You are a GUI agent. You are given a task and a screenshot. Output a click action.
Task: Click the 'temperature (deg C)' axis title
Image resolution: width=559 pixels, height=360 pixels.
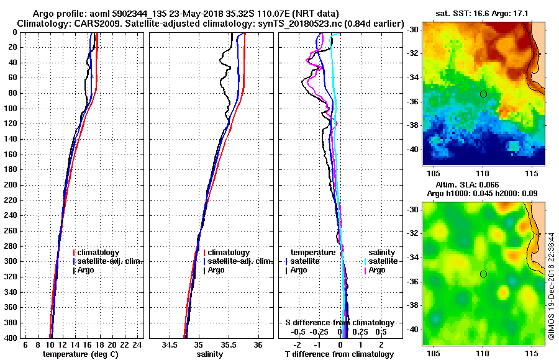(80, 354)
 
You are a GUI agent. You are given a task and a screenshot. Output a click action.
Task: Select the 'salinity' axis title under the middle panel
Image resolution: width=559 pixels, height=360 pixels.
(209, 354)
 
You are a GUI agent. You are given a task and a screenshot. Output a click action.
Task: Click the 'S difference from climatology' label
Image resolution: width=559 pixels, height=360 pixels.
(339, 323)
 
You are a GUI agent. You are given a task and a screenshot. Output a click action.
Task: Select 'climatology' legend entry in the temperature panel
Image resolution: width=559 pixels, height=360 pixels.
(99, 253)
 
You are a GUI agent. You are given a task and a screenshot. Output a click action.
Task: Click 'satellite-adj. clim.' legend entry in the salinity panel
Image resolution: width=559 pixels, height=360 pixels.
(239, 261)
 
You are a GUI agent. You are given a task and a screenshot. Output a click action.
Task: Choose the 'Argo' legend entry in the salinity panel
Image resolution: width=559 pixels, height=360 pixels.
(216, 270)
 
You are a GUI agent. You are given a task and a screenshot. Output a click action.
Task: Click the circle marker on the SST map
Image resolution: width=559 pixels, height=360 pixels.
(483, 94)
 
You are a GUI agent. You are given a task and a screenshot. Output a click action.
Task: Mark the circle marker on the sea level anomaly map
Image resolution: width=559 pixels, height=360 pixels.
(483, 274)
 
